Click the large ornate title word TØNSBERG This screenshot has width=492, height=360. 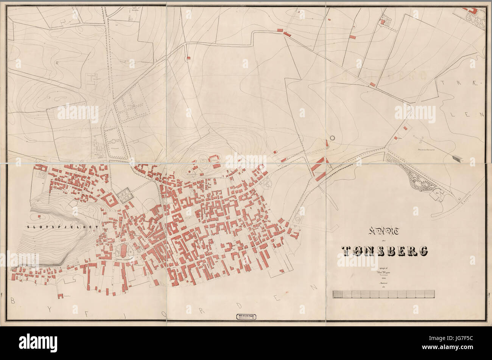coord(385,250)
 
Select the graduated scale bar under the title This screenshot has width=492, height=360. coord(383,294)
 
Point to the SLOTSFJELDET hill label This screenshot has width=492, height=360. coord(62,227)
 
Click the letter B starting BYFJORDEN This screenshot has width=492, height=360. coord(13,301)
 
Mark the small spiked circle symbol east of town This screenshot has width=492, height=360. coord(333,139)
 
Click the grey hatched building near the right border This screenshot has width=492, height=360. coord(457,158)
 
